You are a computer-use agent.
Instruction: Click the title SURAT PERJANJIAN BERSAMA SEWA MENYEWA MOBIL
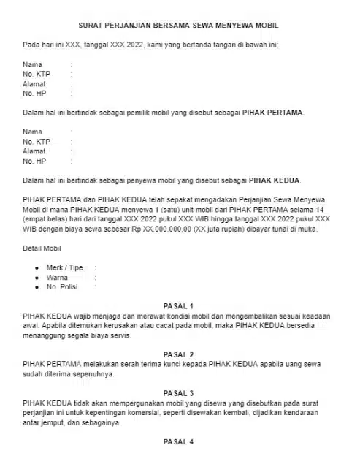pos(178,26)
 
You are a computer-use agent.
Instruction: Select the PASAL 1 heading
pos(178,305)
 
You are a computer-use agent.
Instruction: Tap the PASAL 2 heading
pos(178,354)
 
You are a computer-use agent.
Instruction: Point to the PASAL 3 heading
pos(178,392)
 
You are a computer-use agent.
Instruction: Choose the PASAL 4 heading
pos(178,441)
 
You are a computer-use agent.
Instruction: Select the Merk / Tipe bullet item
pos(64,267)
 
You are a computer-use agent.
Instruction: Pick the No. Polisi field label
pos(62,288)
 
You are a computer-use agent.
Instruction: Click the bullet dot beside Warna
pos(37,278)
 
